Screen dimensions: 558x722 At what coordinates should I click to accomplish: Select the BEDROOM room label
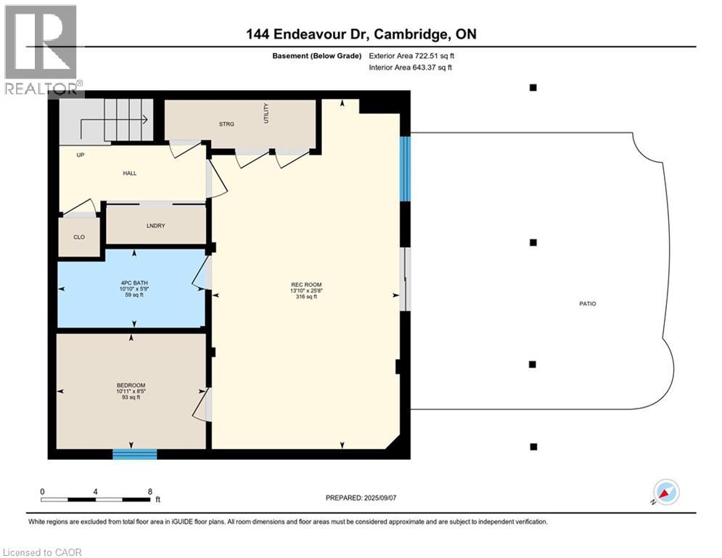coord(131,385)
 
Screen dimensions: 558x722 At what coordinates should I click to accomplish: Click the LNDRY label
coord(155,226)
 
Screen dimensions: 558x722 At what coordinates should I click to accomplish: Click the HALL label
coord(130,173)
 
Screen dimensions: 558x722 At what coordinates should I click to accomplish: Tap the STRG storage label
coord(226,124)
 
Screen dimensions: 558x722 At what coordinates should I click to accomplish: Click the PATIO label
coord(587,304)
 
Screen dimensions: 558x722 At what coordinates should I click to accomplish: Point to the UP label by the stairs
coord(81,155)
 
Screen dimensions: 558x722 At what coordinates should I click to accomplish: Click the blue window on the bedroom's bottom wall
coord(135,454)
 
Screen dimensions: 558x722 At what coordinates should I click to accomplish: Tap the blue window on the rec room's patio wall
coord(406,169)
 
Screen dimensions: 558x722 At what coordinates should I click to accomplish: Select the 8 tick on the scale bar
coord(149,491)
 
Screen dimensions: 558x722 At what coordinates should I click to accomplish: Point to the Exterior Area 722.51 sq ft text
coord(412,55)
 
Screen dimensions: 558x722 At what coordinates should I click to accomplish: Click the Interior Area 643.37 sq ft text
coord(411,68)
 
